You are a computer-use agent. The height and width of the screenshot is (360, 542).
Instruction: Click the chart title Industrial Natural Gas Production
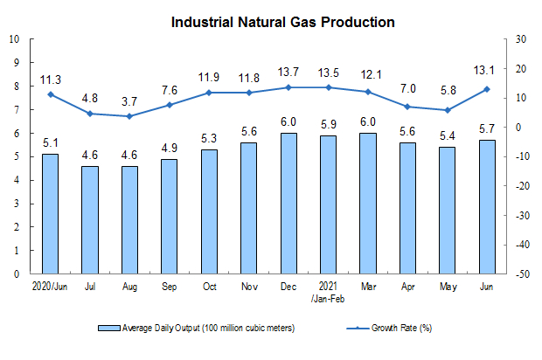click(x=282, y=23)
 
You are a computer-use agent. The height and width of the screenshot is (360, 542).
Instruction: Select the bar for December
click(x=288, y=204)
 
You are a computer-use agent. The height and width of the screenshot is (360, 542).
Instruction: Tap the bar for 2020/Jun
click(x=50, y=214)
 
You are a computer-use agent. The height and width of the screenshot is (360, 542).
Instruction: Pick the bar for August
click(x=129, y=220)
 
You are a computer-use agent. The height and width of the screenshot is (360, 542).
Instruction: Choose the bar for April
click(x=408, y=208)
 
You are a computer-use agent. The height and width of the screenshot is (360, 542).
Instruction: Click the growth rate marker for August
click(x=129, y=116)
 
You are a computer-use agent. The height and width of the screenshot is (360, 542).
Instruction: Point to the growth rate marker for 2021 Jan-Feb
click(x=329, y=87)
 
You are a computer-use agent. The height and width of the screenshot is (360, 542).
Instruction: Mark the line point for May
click(x=448, y=110)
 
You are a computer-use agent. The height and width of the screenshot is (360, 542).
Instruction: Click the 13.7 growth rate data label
click(x=288, y=73)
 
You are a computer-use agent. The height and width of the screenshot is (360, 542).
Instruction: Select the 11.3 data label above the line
click(x=51, y=80)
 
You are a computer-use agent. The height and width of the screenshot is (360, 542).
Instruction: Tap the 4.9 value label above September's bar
click(x=170, y=148)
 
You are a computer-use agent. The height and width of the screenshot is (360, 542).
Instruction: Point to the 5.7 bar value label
click(x=487, y=128)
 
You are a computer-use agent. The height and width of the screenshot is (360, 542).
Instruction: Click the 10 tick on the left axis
click(x=14, y=39)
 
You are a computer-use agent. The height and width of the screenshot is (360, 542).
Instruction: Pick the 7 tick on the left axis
click(x=17, y=109)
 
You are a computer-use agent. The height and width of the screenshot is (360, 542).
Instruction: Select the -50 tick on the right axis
click(x=522, y=274)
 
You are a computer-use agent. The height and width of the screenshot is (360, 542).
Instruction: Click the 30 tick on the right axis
click(x=520, y=39)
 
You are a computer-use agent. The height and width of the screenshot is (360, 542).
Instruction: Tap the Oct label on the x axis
click(x=210, y=287)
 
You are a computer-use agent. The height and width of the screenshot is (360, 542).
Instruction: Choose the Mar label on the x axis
click(x=369, y=287)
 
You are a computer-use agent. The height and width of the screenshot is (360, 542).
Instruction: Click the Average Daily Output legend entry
click(x=197, y=328)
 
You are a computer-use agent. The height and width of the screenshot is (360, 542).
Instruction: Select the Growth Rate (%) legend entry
click(x=389, y=328)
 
